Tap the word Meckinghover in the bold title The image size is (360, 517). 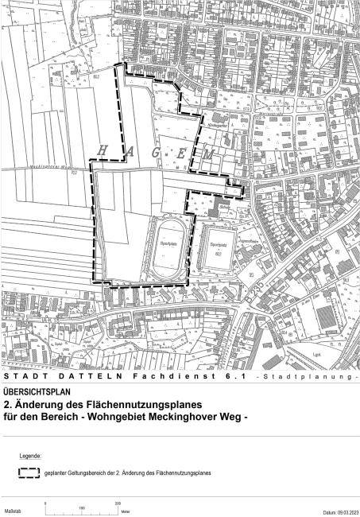[x=193, y=416]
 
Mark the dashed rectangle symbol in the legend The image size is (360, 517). [x=29, y=472]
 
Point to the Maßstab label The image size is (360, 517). [x=12, y=511]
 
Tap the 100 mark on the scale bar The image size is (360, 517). [x=82, y=504]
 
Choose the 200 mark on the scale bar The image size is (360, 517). [x=118, y=504]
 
